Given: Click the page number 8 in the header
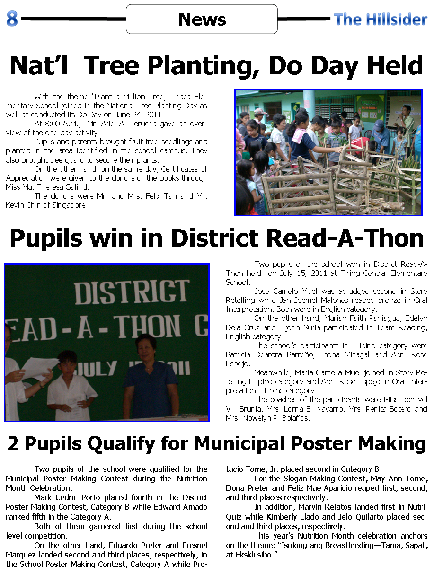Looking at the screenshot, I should pyautogui.click(x=12, y=19).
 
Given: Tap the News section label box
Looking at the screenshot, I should pyautogui.click(x=202, y=19).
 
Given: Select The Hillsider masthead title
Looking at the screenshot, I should pyautogui.click(x=380, y=19).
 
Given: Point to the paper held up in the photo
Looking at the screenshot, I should pyautogui.click(x=38, y=368).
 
